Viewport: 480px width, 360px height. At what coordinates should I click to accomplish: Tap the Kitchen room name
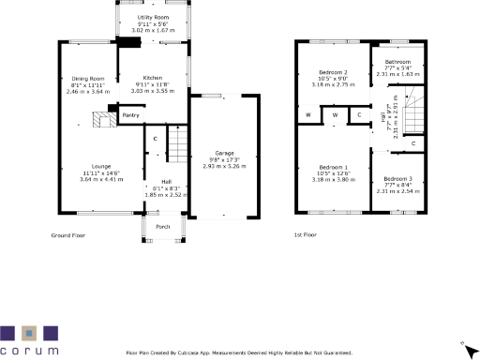coord(152,78)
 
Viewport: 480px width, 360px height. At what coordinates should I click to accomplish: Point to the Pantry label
coord(131,116)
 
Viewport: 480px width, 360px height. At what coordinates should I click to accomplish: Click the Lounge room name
coord(86,167)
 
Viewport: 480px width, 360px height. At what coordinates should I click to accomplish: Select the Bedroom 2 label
coord(333,72)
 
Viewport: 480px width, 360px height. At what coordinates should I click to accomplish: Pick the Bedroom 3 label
coord(397,178)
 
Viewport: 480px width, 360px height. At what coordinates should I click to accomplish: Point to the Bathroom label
coord(397,62)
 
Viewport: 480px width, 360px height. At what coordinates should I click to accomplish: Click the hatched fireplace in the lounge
coord(101,118)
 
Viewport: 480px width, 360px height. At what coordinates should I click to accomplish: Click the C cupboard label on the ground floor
coord(156,140)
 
